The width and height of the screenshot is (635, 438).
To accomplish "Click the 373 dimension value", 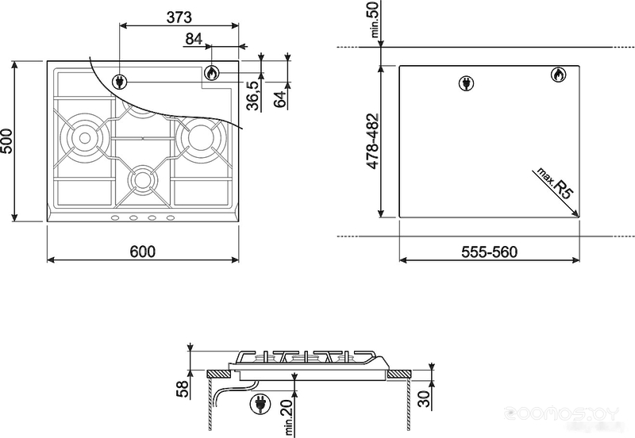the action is coord(179,17).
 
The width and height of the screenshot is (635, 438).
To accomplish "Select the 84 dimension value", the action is coord(194,39).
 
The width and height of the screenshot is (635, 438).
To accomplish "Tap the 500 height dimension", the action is coord(7,141).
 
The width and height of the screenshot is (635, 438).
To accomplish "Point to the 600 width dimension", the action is coord(143,252).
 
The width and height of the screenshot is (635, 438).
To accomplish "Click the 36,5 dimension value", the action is coord(253,95).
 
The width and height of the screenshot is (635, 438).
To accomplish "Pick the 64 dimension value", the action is coord(280,99).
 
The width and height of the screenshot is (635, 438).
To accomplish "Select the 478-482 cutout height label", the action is coord(372,141).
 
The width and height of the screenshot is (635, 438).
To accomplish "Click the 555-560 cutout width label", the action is coord(490,252).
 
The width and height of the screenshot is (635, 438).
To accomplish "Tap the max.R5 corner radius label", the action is coord(555,183).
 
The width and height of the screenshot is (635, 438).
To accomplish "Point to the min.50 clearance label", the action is coord(375,19).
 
